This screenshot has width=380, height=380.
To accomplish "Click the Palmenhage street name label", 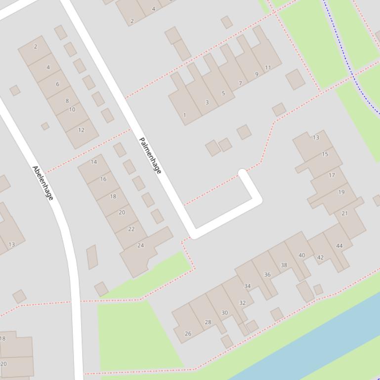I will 150,155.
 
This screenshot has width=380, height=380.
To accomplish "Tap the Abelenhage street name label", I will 42,183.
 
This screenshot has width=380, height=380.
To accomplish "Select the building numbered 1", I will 185,115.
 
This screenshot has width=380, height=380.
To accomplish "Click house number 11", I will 268,68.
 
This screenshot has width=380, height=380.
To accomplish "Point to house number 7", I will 241,83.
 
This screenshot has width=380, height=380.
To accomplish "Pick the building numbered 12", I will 81,130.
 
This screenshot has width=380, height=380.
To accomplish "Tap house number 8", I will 67,101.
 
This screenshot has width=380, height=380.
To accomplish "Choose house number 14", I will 94,162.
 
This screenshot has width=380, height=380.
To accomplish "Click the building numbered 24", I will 141,245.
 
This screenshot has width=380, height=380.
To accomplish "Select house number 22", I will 131,229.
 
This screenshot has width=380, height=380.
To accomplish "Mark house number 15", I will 325,154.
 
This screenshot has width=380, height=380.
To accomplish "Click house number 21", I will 344,213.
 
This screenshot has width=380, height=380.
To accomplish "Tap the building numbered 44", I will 339,245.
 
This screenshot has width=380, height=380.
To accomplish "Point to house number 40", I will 301,255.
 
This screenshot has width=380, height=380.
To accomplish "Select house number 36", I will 267,274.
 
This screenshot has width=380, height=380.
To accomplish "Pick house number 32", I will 242,303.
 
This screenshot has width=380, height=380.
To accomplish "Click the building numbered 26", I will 188,334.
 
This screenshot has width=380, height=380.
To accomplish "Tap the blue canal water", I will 321,341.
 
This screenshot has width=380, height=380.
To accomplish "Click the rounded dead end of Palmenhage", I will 242,173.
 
